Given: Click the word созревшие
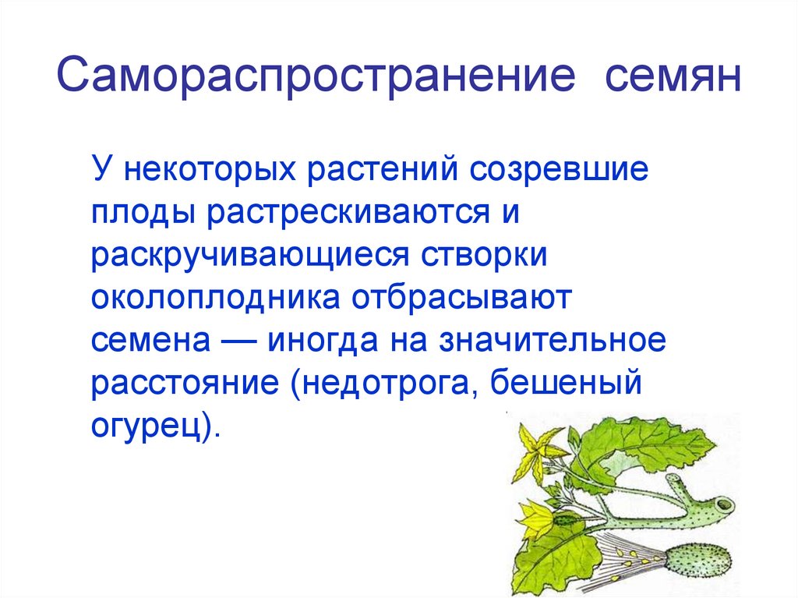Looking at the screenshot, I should pos(559,170).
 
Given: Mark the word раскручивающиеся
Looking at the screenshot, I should pos(256,257).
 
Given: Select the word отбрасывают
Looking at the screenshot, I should pos(462,300).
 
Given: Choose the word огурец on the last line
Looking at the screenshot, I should pos(147,429).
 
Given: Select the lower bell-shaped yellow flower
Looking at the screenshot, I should pos(540,518).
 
